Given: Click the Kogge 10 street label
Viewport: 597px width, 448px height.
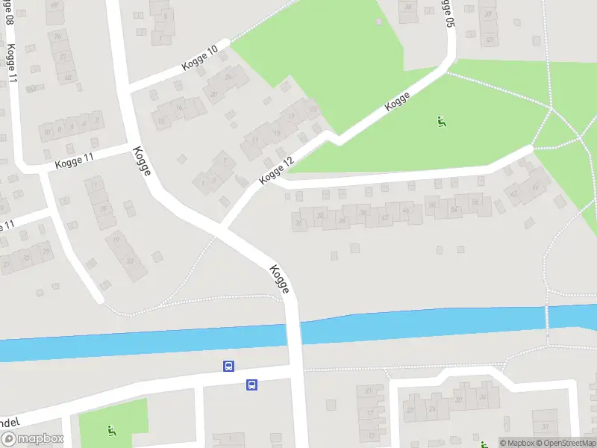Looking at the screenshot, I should [x=199, y=59].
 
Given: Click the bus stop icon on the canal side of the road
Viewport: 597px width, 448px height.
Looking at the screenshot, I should [x=228, y=366].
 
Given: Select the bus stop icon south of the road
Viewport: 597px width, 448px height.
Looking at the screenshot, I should [x=252, y=385].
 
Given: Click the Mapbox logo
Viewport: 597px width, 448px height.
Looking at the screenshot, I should [x=31, y=440].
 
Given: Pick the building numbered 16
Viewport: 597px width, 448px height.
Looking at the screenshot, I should [x=179, y=108].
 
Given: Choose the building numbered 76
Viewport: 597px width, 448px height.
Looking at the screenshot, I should [x=57, y=36].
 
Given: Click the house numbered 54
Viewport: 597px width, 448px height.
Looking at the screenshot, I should [x=454, y=209].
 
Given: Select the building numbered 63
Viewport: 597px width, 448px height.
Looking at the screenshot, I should [x=31, y=89].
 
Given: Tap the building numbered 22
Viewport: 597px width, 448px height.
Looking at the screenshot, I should [x=63, y=56].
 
